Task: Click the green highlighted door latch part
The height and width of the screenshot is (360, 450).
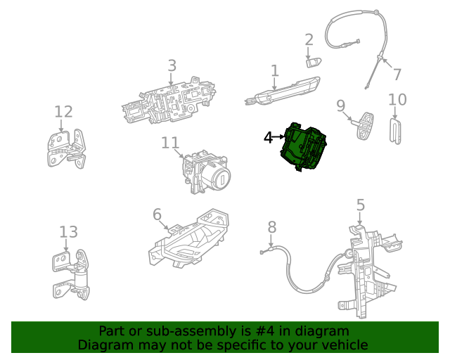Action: [304, 147]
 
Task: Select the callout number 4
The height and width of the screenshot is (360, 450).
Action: [268, 138]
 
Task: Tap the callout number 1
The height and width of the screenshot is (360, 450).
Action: [275, 71]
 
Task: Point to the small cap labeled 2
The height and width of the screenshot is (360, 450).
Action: [313, 62]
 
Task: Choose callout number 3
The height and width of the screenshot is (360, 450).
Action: [172, 65]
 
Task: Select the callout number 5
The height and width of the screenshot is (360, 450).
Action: [360, 205]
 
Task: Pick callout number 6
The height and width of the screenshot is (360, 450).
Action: [157, 214]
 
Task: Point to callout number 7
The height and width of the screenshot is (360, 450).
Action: [397, 74]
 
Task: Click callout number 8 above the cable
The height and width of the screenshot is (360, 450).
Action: [272, 227]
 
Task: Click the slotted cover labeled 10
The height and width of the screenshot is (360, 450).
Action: [396, 131]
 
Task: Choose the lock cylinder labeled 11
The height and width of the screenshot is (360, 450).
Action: [205, 173]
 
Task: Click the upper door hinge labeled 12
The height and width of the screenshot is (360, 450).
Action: [67, 148]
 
